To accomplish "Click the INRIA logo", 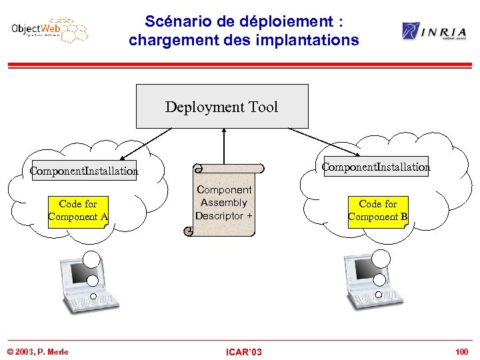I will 433,31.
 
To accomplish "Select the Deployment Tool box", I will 222,106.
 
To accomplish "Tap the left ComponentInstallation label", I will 84,171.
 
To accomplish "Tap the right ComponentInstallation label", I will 376,167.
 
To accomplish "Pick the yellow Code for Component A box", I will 78,210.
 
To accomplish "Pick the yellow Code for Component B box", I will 378,210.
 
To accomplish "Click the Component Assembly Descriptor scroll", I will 223,201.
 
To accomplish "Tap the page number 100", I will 461,351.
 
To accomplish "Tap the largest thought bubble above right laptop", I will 381,257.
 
